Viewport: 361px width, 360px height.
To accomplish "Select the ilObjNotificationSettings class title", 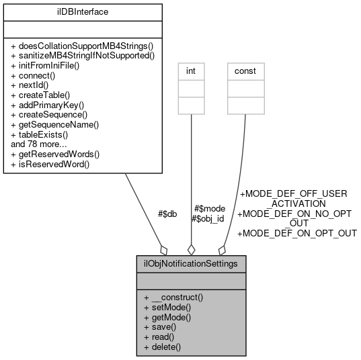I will point(190,263).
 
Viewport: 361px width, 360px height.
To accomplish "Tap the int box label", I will point(191,71).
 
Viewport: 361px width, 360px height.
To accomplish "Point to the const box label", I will point(245,71).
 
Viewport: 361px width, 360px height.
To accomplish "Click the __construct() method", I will point(177,297).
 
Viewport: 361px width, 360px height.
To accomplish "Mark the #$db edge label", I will point(167,214).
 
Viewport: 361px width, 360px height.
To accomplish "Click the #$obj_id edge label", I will point(208,218).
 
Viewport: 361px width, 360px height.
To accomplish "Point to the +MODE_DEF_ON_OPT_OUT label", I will point(297,233).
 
